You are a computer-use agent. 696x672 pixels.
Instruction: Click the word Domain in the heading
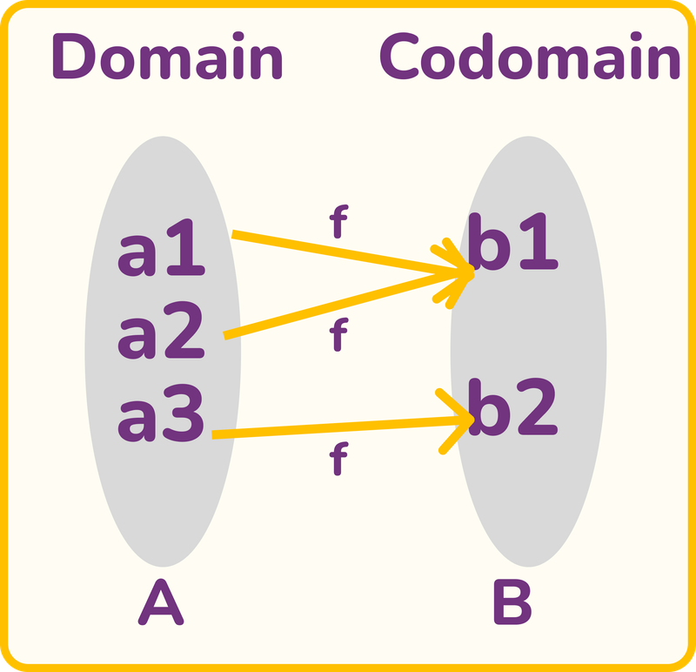click(167, 58)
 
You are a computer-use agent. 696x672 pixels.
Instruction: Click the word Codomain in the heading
click(530, 58)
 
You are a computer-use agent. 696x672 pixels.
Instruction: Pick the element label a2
click(161, 336)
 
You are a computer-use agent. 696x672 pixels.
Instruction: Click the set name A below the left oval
click(161, 604)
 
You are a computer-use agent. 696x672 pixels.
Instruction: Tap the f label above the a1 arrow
click(338, 225)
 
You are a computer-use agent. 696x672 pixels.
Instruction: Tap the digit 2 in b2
click(535, 410)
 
